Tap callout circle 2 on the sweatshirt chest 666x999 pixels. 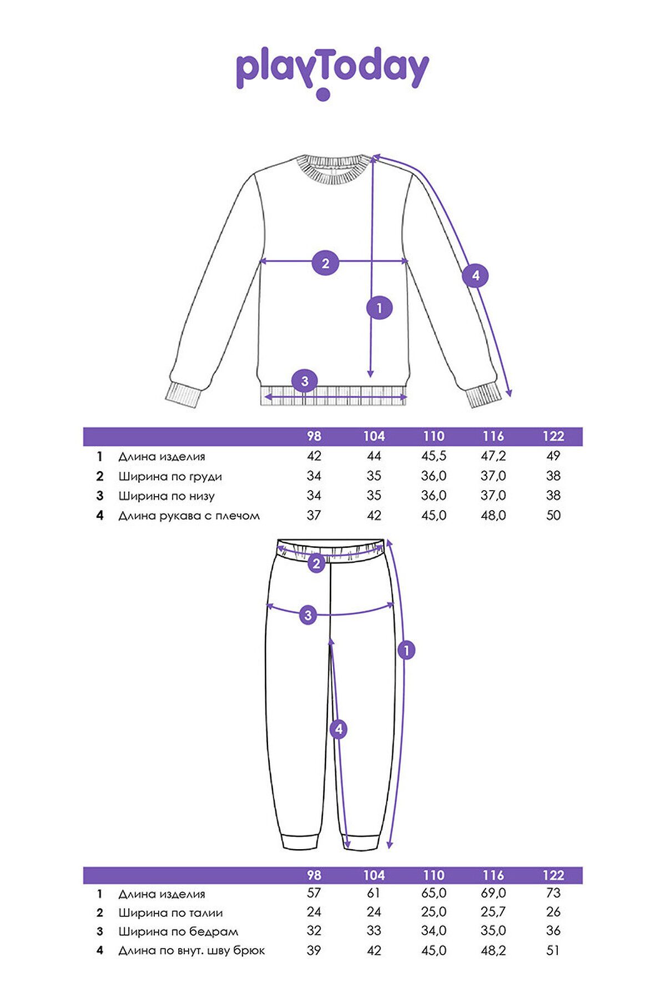coord(325,263)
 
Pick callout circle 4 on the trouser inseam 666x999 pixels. coord(339,729)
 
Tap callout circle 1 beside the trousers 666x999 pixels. coord(406,650)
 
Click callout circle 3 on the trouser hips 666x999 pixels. coord(308,614)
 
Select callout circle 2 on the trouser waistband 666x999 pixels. coord(316,564)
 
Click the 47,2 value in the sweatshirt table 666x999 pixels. coord(493,456)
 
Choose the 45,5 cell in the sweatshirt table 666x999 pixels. coord(433,456)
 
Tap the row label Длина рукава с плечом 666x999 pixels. coord(189,516)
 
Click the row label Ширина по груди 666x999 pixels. coord(170,476)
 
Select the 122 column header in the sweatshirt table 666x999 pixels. coord(553,436)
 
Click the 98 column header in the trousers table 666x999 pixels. coord(314,875)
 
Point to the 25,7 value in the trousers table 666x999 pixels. coord(493,912)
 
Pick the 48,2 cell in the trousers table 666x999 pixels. coord(493,950)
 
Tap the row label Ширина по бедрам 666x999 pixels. coord(179,931)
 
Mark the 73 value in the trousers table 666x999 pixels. coord(553,893)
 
